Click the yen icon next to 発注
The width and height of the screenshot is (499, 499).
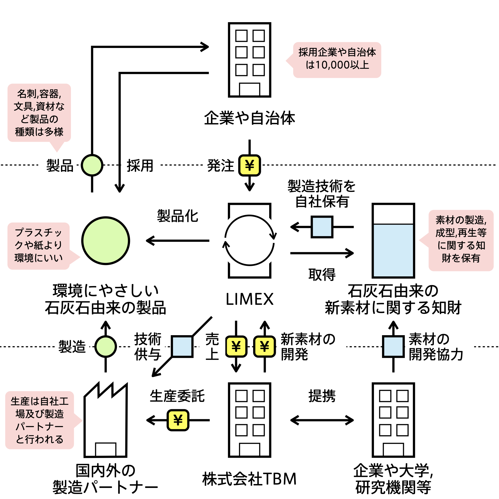pos(249,166)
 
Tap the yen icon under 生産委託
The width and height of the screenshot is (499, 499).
pos(178,420)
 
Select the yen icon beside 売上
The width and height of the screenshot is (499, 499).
pos(236,346)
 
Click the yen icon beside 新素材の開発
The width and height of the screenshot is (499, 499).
pos(264,346)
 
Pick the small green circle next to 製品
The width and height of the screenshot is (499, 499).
pos(92,165)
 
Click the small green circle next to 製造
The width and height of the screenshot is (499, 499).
pos(105,346)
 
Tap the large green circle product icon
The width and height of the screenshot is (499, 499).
pos(106,240)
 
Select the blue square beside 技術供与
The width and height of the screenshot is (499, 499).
pos(182,346)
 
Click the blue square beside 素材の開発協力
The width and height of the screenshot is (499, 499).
pos(393,346)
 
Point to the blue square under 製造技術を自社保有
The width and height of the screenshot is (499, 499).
pos(322,227)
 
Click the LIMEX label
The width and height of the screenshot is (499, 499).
pos(249,299)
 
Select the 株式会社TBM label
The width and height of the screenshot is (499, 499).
pos(249,479)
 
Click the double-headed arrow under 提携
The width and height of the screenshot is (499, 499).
pos(322,420)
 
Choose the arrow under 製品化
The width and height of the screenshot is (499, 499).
pos(177,240)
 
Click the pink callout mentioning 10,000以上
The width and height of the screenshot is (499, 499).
pos(337,60)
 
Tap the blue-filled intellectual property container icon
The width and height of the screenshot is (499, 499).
pos(393,240)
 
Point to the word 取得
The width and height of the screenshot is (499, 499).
pos(322,274)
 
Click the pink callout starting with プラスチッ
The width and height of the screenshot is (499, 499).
pos(39,246)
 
